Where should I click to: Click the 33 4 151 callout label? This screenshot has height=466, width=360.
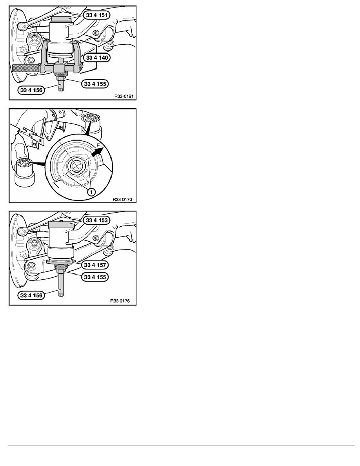click(x=96, y=15)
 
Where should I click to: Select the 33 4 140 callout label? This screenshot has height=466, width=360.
click(x=97, y=57)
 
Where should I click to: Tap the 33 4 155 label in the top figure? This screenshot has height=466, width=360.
click(x=95, y=84)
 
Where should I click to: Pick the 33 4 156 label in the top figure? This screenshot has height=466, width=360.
click(x=31, y=90)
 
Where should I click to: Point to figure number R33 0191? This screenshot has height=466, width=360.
click(x=124, y=96)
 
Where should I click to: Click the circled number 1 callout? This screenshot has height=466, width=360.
click(x=91, y=192)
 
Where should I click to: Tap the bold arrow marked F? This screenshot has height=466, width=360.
click(x=97, y=153)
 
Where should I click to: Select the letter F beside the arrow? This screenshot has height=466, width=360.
click(x=98, y=145)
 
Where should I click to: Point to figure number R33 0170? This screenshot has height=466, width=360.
click(x=122, y=199)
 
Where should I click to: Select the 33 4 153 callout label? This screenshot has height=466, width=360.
click(x=96, y=220)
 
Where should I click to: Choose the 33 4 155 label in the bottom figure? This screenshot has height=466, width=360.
click(x=95, y=277)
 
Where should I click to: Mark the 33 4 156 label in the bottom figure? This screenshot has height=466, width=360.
click(x=31, y=295)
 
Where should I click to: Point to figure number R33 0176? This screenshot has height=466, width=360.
click(x=120, y=301)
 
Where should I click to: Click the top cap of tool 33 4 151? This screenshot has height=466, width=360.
click(x=62, y=19)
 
